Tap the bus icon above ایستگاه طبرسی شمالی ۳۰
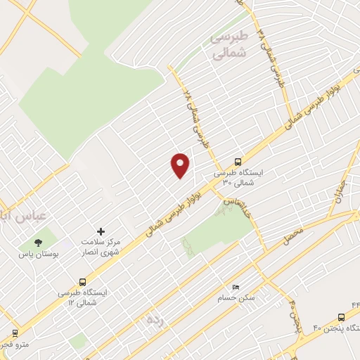(238, 160)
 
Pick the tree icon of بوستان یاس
(37, 242)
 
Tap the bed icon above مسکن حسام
(236, 288)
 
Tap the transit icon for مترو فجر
(13, 333)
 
